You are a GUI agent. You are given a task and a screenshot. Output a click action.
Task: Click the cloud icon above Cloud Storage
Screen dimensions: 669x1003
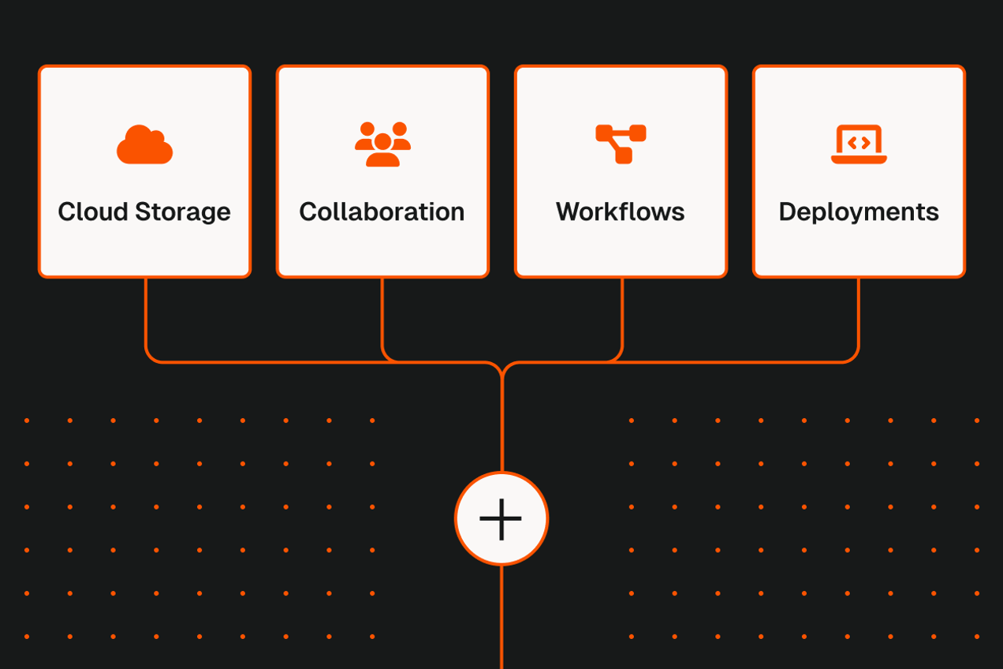pos(145,145)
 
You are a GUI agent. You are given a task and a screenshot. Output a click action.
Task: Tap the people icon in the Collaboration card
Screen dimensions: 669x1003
pos(382,144)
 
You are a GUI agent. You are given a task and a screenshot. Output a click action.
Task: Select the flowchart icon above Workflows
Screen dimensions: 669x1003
pos(621,144)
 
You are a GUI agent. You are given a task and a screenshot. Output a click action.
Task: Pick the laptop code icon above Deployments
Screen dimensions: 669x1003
pos(859,144)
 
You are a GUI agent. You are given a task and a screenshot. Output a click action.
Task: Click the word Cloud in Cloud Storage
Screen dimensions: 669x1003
pos(92,211)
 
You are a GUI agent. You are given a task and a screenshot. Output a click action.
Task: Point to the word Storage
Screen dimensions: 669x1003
pos(183,212)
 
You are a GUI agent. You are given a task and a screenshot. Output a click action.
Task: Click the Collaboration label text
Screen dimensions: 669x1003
pos(382,211)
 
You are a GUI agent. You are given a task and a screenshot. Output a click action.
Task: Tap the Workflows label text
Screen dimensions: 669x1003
pos(621,211)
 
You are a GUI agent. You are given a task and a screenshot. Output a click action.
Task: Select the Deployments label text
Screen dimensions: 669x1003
pos(859,212)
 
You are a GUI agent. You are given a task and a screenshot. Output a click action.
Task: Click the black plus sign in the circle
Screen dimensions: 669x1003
pos(501,518)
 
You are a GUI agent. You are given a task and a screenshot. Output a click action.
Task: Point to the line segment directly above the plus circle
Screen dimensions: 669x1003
pos(501,426)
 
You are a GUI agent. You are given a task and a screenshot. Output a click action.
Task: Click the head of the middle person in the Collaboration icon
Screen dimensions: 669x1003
pos(382,141)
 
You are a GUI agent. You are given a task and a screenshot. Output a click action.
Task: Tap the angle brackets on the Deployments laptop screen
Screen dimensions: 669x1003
pos(859,142)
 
